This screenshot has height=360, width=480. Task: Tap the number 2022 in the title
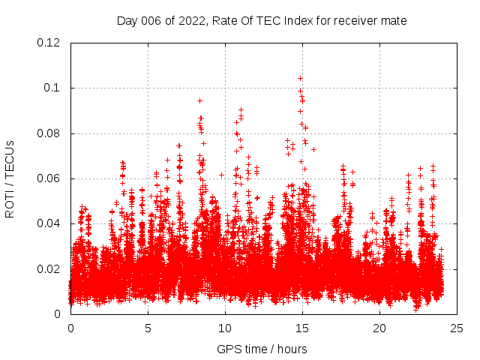coord(192,21)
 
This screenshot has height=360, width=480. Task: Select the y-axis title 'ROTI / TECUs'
coord(10,178)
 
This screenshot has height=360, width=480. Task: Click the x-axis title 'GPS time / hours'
coord(262,349)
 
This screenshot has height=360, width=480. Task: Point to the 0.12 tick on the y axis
coord(49,43)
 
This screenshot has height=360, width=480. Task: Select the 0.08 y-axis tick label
coord(49,133)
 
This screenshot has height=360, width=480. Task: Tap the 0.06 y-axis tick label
coord(49,178)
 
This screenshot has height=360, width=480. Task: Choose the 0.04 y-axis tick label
coord(49,223)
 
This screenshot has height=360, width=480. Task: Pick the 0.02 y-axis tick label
coord(49,269)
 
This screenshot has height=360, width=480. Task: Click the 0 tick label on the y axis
coord(59,314)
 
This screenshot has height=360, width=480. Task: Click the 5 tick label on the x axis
coord(148,328)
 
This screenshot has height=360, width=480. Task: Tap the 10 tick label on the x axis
coord(226,328)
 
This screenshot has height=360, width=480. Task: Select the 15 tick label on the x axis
coord(303,328)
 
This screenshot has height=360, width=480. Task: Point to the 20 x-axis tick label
coord(380,328)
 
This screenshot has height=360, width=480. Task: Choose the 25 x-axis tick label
coord(457,328)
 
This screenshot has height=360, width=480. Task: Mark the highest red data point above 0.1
coord(300,78)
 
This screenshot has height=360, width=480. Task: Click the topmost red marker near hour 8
coord(199,100)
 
